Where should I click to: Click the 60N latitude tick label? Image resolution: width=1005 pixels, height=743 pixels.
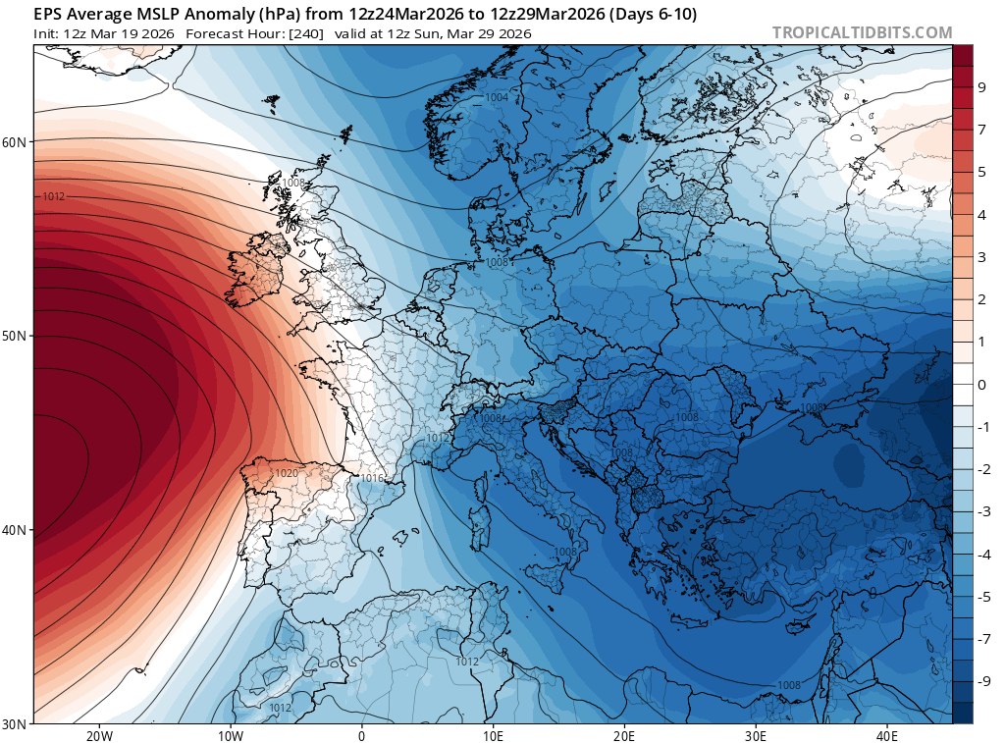pyautogui.click(x=14, y=142)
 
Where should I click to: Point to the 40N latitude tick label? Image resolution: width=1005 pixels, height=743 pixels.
pyautogui.click(x=14, y=530)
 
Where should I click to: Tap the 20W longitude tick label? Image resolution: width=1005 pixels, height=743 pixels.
pyautogui.click(x=99, y=735)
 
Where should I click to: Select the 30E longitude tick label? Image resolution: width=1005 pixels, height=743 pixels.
pyautogui.click(x=756, y=735)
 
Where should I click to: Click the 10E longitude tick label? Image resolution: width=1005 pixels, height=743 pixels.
pyautogui.click(x=493, y=735)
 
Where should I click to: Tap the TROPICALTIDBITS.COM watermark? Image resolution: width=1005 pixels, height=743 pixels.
pyautogui.click(x=862, y=32)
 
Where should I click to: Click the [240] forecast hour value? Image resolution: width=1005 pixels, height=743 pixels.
pyautogui.click(x=307, y=33)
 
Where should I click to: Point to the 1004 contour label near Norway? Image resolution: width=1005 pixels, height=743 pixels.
pyautogui.click(x=497, y=97)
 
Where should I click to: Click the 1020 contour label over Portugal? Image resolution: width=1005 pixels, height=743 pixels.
pyautogui.click(x=287, y=473)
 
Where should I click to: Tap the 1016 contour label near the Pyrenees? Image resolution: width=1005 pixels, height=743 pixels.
pyautogui.click(x=372, y=478)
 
